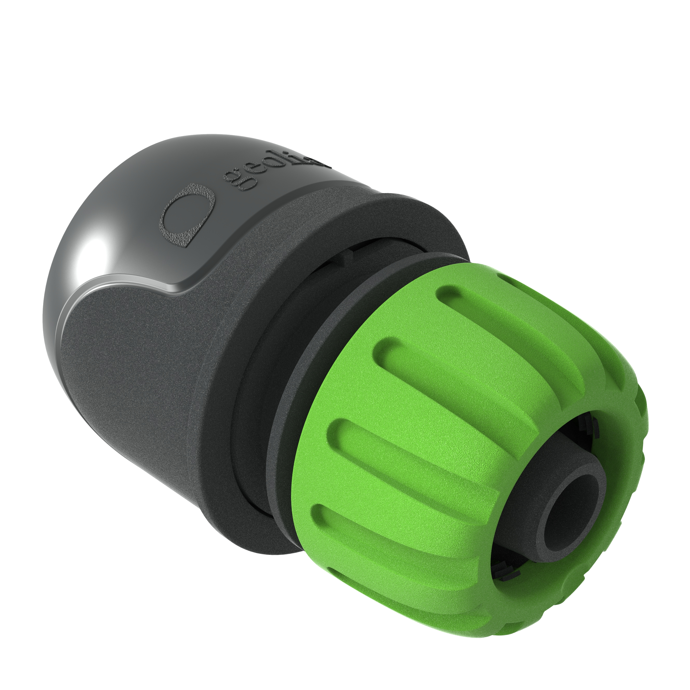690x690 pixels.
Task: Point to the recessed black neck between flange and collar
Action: [257, 375]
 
